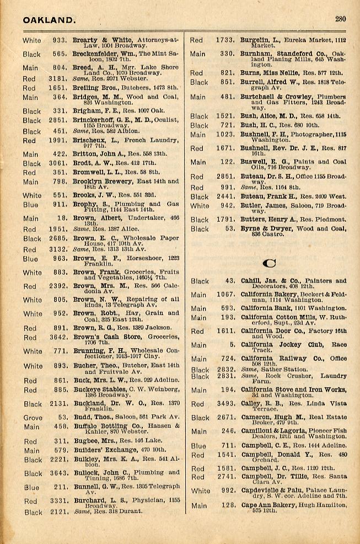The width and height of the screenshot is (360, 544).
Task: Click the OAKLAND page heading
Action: pyautogui.click(x=49, y=20)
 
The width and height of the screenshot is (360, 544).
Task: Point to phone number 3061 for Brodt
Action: pyautogui.click(x=59, y=163)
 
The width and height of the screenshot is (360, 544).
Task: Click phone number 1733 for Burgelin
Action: pyautogui.click(x=225, y=40)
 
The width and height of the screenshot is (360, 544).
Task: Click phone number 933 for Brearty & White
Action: pyautogui.click(x=59, y=40)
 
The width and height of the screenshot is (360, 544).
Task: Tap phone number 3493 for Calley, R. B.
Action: pyautogui.click(x=225, y=404)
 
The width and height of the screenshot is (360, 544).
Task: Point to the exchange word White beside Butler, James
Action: pyautogui.click(x=200, y=206)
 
